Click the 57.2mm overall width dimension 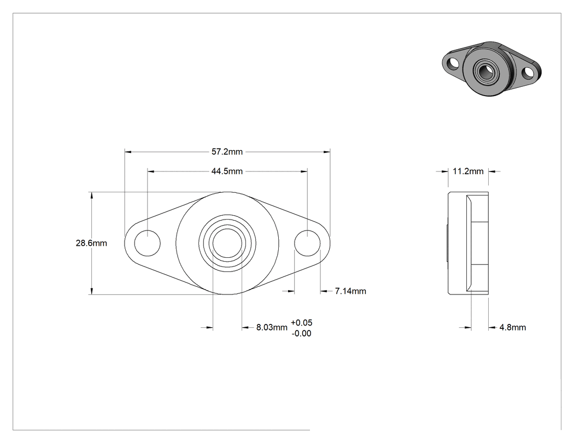tap(227, 152)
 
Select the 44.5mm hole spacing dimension tap(227, 171)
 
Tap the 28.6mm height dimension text tap(91, 243)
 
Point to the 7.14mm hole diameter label tap(350, 291)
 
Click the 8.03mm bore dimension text tap(272, 327)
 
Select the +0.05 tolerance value tap(302, 323)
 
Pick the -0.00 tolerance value tap(302, 333)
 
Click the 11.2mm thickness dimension tap(468, 171)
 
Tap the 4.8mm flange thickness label tap(513, 327)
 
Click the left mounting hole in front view tap(147, 243)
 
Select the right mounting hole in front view tap(307, 243)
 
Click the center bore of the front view tap(227, 243)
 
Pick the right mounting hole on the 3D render tap(528, 73)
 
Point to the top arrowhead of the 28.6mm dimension tap(91, 196)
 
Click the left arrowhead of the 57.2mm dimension tap(128, 152)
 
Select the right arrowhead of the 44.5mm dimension tap(304, 171)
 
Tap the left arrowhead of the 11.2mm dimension tap(445, 171)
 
